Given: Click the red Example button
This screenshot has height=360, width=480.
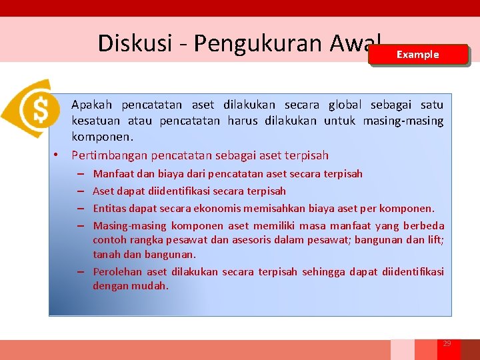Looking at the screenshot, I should [x=418, y=55].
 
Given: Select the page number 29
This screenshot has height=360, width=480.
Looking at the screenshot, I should [x=447, y=343].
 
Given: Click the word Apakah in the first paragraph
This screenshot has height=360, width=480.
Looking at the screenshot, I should [x=92, y=105].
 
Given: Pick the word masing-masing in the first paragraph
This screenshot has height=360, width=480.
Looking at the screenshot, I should [x=403, y=121].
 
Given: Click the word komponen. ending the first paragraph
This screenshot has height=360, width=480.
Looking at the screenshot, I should [x=103, y=136].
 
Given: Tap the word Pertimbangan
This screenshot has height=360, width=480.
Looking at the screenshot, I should [x=110, y=155].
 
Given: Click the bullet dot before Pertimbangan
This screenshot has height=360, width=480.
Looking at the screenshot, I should [x=58, y=155].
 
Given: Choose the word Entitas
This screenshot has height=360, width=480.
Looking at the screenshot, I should [x=111, y=209].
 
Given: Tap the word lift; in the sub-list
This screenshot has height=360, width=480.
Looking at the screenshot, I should [x=435, y=240].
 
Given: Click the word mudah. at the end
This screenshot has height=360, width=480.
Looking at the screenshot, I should [x=154, y=286].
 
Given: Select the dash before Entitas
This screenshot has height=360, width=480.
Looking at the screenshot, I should [x=79, y=209].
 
